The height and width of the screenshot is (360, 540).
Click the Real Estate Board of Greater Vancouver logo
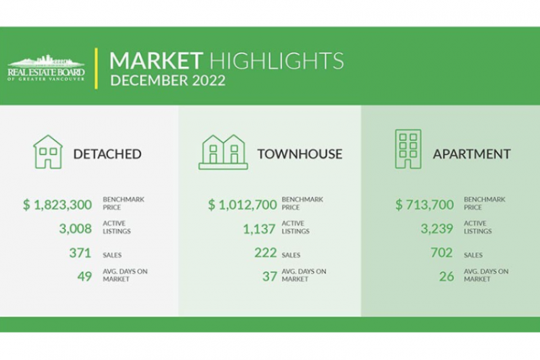[x=46, y=68]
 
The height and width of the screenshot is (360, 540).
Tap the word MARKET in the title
[x=156, y=60]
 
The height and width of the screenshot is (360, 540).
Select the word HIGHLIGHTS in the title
[x=276, y=60]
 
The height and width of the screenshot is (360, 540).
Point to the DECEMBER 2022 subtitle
[x=168, y=80]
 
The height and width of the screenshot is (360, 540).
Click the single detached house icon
[x=48, y=152]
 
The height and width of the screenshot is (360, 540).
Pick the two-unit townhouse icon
[x=223, y=152]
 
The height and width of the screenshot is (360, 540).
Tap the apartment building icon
[x=408, y=149]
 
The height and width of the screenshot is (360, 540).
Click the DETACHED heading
[x=107, y=154]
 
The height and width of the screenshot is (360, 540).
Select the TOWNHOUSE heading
[x=300, y=154]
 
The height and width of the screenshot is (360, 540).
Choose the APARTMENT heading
[x=472, y=154]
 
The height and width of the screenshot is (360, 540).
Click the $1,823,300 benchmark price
[x=58, y=204]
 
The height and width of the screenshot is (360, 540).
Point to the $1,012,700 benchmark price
[x=243, y=204]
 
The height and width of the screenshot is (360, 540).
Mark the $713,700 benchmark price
[x=425, y=204]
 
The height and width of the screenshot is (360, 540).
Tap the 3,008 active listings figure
[x=76, y=228]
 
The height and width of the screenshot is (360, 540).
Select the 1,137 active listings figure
[x=259, y=229]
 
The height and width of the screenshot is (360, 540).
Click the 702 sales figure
[x=441, y=253]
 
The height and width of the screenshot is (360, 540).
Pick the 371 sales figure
[x=80, y=253]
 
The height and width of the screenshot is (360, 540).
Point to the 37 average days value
[x=270, y=276]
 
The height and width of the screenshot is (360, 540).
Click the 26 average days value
[x=446, y=276]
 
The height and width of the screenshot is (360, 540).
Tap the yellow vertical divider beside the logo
[x=96, y=68]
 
